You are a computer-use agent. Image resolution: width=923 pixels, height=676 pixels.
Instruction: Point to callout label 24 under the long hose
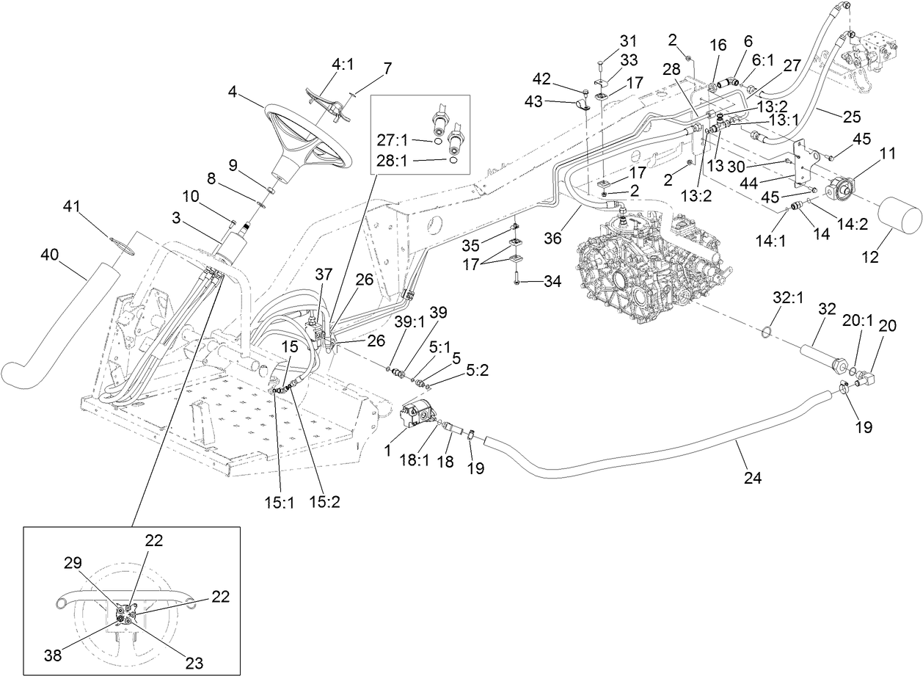pyautogui.click(x=751, y=478)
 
